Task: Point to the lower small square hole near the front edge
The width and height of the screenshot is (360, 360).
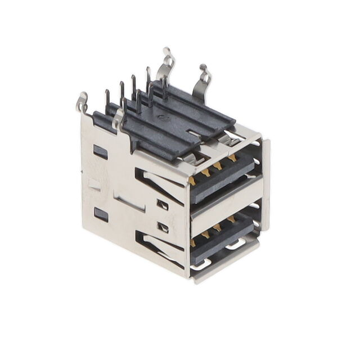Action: click(x=164, y=227)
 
